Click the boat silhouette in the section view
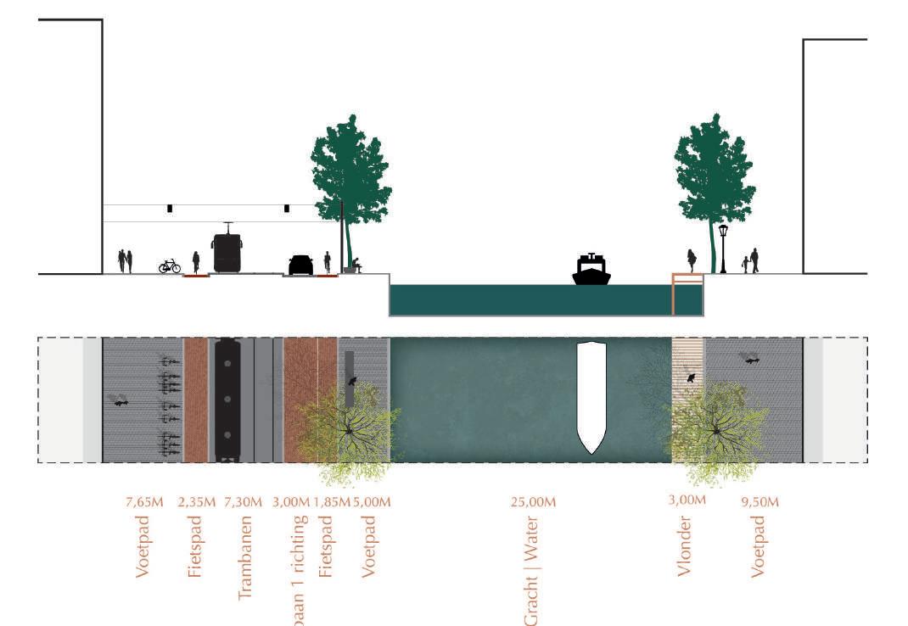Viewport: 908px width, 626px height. [591, 270]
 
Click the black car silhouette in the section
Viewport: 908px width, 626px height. [300, 265]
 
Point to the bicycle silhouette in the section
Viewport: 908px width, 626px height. [170, 266]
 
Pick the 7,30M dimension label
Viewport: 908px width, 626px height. [243, 502]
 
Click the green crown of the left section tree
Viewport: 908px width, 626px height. [350, 170]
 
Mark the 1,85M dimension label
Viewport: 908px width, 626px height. [332, 502]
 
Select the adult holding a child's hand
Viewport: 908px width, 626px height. [754, 260]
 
